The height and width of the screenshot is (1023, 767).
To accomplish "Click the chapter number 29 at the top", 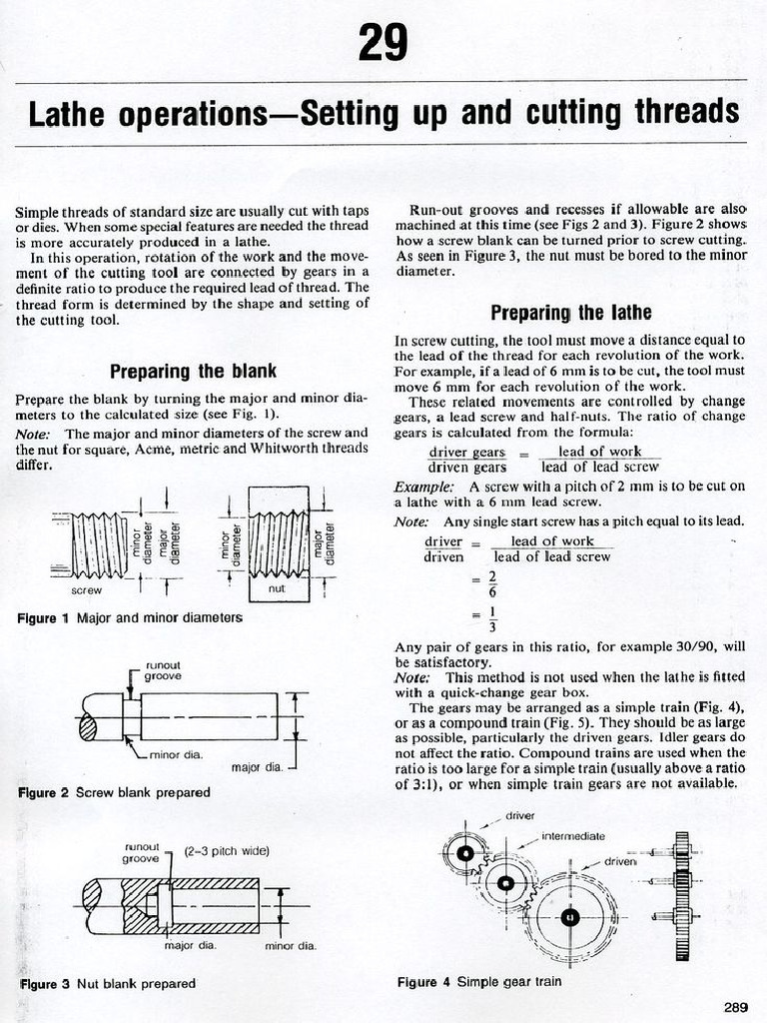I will coord(383,42).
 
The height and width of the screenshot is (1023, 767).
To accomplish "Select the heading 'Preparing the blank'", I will coord(193,372).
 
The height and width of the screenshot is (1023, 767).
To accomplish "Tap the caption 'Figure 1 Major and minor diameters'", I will coord(130,618).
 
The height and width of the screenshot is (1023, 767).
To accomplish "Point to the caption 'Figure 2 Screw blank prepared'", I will coord(114,792).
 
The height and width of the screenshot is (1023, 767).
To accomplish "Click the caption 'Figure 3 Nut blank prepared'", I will coord(108,983).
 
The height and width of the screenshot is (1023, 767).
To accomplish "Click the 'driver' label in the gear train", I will coord(520,815).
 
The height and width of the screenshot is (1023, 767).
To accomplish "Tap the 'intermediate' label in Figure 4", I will coord(572,835).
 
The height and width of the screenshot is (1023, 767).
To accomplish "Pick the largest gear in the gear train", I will coord(570,917).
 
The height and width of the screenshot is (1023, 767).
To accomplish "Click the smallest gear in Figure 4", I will coord(465,853).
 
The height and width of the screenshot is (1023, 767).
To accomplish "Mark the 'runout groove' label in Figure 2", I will coord(163,670).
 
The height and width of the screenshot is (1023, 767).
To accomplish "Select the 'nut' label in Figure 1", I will coord(278,589).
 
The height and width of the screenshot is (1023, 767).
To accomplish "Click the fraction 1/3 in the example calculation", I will coord(491,620).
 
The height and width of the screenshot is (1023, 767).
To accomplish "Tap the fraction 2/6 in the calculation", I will coord(491,583).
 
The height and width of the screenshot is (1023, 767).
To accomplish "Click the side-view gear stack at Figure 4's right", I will coord(682,894).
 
